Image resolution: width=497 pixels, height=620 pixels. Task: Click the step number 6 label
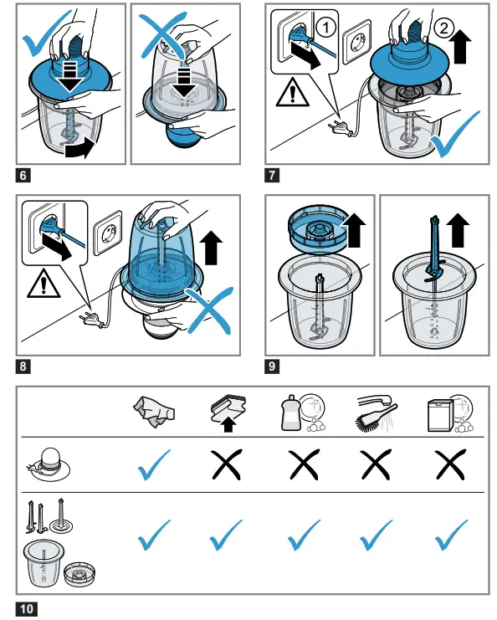[23, 175]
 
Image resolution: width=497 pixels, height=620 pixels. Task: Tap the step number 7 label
[272, 175]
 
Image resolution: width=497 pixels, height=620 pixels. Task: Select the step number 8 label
[23, 366]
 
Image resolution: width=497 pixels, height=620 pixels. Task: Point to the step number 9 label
[272, 366]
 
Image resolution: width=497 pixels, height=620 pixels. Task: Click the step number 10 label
[27, 608]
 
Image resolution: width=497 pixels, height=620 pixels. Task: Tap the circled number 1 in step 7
[326, 28]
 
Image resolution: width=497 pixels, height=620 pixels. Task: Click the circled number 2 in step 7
[443, 28]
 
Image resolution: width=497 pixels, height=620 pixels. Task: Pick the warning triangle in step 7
[292, 93]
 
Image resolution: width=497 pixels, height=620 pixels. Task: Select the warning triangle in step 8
[44, 283]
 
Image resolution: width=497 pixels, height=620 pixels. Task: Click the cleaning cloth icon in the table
[153, 412]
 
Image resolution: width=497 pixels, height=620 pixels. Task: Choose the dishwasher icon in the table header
[450, 413]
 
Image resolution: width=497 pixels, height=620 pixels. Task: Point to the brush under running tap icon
[377, 413]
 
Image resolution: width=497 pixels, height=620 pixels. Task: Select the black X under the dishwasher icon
[450, 464]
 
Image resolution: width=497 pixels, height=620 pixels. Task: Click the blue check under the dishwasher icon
[451, 535]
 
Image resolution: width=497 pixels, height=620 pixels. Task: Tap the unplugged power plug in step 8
[93, 320]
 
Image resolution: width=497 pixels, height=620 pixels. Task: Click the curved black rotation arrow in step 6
[80, 149]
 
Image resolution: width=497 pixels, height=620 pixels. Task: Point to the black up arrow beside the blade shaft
[458, 230]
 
